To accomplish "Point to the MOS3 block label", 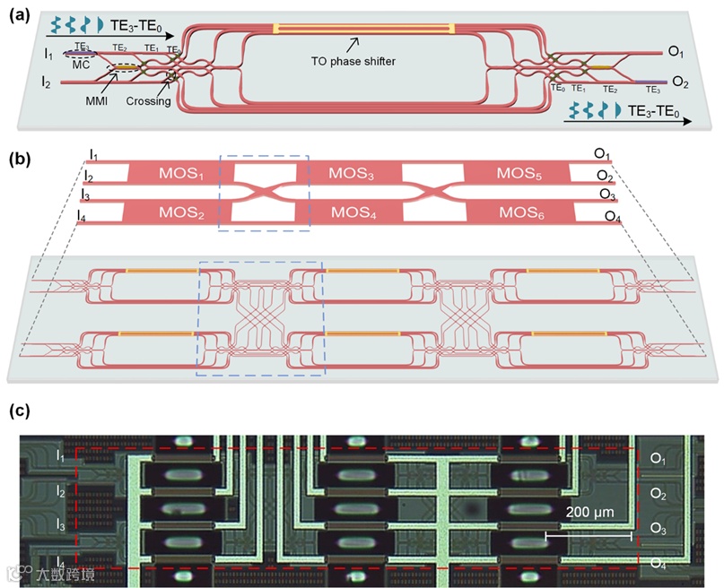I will (x=352, y=171).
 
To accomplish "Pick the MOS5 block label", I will (x=523, y=171).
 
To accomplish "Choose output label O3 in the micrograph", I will (x=659, y=529).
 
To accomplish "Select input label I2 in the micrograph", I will (x=61, y=491).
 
